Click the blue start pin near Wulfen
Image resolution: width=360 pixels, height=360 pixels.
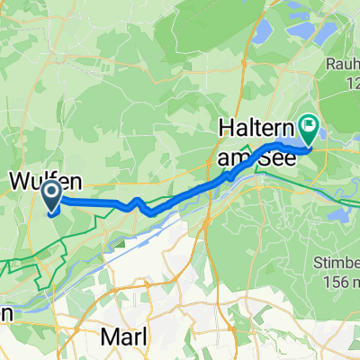pyautogui.click(x=52, y=197)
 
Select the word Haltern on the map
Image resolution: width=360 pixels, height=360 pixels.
pyautogui.click(x=256, y=129)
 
